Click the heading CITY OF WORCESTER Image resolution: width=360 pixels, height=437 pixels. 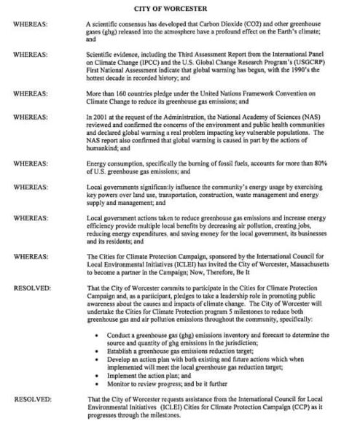179,8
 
